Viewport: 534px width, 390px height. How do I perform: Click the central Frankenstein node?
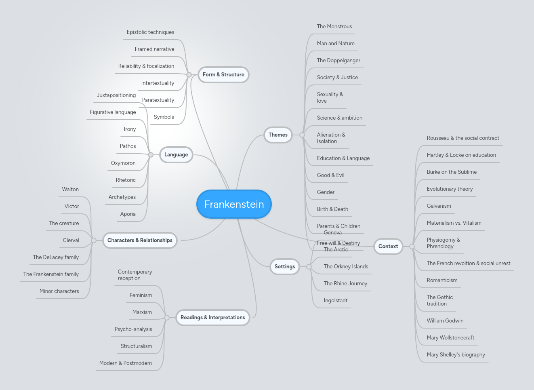[x=234, y=204]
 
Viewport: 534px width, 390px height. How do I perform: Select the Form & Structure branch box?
[x=223, y=75]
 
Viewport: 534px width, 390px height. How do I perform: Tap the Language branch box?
[x=176, y=155]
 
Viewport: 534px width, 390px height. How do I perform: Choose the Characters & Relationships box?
[x=140, y=240]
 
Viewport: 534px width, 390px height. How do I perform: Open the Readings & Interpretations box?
[x=212, y=318]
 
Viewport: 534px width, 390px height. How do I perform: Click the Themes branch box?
[x=278, y=135]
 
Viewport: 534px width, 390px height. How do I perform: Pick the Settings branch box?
[x=285, y=267]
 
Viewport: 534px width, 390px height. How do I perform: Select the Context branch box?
[x=388, y=247]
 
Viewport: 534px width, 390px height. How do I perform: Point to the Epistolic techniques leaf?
[x=150, y=32]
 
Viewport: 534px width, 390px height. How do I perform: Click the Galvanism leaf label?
[x=439, y=206]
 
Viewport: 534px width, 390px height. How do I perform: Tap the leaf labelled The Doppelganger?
[x=338, y=61]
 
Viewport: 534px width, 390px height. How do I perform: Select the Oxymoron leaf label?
[x=123, y=163]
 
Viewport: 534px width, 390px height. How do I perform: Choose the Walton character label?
[x=70, y=190]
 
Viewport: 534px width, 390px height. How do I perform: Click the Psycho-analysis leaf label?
[x=133, y=329]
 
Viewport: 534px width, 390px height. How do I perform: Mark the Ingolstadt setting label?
[x=336, y=301]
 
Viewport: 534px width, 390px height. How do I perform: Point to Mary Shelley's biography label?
[x=456, y=355]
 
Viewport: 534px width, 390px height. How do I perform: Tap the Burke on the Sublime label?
[x=452, y=172]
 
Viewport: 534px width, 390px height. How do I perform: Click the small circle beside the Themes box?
[x=302, y=135]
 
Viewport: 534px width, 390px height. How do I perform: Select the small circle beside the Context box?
[x=412, y=247]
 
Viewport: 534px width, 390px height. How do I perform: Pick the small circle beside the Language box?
[x=151, y=155]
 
